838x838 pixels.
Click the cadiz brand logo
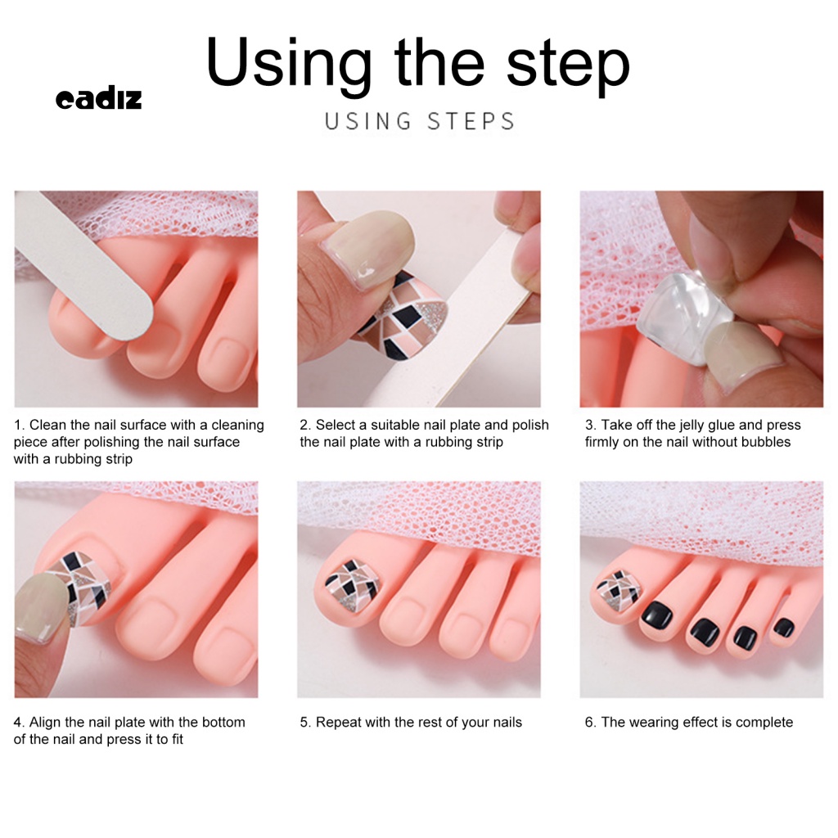tap(99, 98)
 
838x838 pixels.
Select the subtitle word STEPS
tap(471, 121)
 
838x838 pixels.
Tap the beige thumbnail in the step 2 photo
tap(369, 249)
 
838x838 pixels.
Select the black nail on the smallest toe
tap(783, 628)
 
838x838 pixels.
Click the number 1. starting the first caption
tap(20, 425)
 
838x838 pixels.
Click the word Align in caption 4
tap(45, 723)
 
